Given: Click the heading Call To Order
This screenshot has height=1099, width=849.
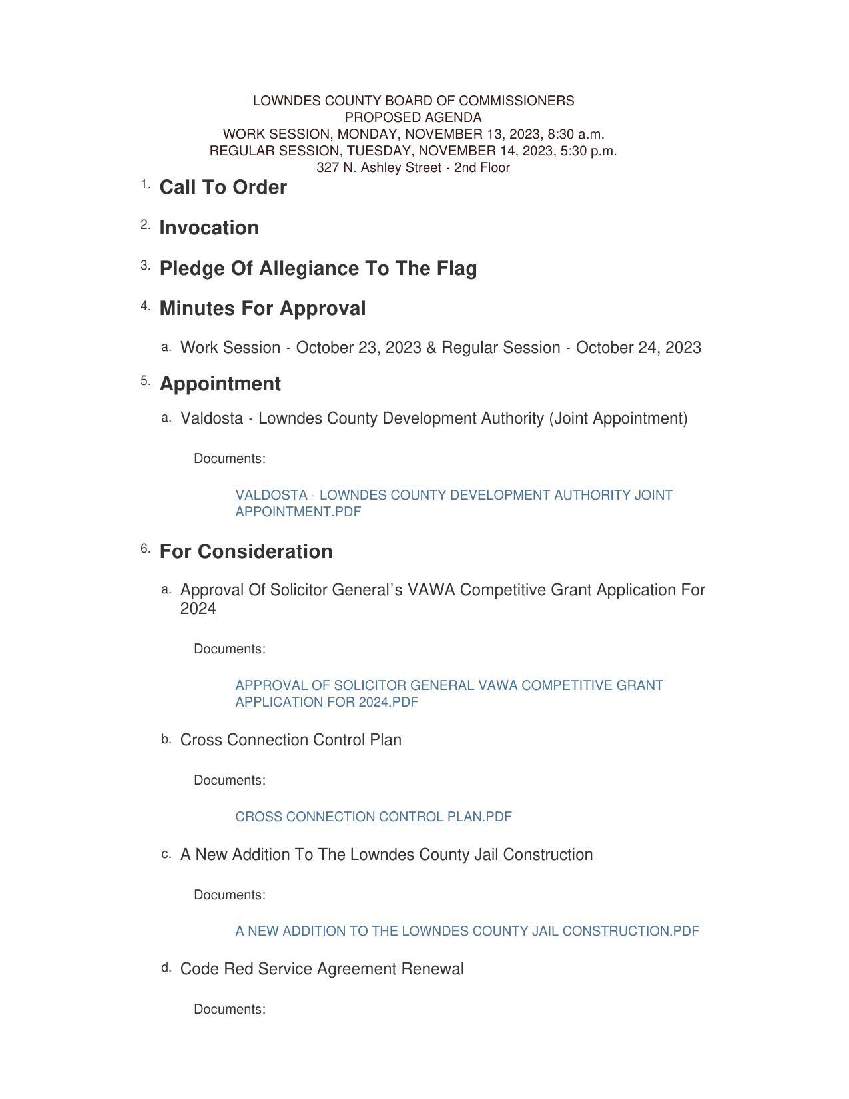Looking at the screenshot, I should (x=223, y=188).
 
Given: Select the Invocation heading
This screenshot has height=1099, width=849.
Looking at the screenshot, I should (x=209, y=228).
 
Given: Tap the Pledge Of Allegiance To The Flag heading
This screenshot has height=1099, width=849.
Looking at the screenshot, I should (x=318, y=269).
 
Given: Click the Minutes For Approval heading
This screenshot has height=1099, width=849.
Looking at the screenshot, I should (x=262, y=309).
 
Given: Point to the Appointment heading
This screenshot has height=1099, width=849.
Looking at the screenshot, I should (x=220, y=384).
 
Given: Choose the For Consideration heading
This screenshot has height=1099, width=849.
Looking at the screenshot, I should (x=246, y=552).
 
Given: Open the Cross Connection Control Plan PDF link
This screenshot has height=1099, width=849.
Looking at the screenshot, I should (x=374, y=817).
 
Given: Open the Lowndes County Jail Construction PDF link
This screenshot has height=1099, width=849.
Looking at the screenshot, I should (x=467, y=932).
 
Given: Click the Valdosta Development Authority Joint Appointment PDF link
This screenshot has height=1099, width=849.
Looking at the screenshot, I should (x=453, y=504).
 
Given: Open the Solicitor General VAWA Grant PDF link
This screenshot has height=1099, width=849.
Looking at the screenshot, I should (x=449, y=694).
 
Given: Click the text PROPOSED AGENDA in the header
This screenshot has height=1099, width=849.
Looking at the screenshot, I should (x=413, y=117).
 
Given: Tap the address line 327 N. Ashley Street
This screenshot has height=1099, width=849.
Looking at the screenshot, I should (x=413, y=168).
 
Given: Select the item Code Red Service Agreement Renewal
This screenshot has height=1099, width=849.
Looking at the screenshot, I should (x=322, y=970).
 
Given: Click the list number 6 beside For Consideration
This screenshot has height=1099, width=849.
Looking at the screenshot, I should (x=145, y=549).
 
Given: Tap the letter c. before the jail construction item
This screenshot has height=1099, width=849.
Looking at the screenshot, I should (x=166, y=854).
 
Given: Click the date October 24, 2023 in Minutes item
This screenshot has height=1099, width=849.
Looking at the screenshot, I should (x=638, y=348).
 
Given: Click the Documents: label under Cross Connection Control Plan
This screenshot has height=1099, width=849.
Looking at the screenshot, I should (x=230, y=781).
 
